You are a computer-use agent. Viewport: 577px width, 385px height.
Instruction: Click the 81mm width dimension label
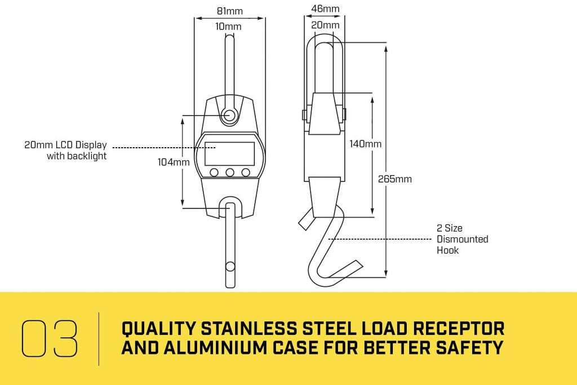pos(230,11)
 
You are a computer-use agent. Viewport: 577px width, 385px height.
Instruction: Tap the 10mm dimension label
pos(229,26)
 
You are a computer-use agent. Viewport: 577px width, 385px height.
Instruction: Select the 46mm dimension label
pos(325,8)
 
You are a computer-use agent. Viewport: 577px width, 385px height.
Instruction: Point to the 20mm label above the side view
pos(325,25)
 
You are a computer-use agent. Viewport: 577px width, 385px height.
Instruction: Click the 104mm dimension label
pos(174,162)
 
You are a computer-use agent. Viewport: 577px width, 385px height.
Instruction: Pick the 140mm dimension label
pos(365,144)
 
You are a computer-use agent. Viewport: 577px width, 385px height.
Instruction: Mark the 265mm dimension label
pos(395,179)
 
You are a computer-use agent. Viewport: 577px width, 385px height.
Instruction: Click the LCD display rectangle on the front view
pos(230,154)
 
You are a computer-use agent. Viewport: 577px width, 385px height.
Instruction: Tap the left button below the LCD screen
pos(214,172)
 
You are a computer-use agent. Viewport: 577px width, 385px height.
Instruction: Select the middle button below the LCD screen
pos(230,172)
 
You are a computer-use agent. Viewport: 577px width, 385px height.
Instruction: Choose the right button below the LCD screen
pos(246,172)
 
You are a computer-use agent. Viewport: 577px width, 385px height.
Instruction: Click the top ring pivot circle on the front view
pos(229,115)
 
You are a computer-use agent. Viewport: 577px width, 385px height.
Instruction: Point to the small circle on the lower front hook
pos(230,267)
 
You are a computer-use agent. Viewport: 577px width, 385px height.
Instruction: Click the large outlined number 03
pos(50,338)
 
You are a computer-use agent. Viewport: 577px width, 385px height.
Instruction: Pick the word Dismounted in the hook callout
pos(463,239)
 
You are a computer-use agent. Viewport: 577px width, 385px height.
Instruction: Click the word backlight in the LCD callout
pos(87,156)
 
